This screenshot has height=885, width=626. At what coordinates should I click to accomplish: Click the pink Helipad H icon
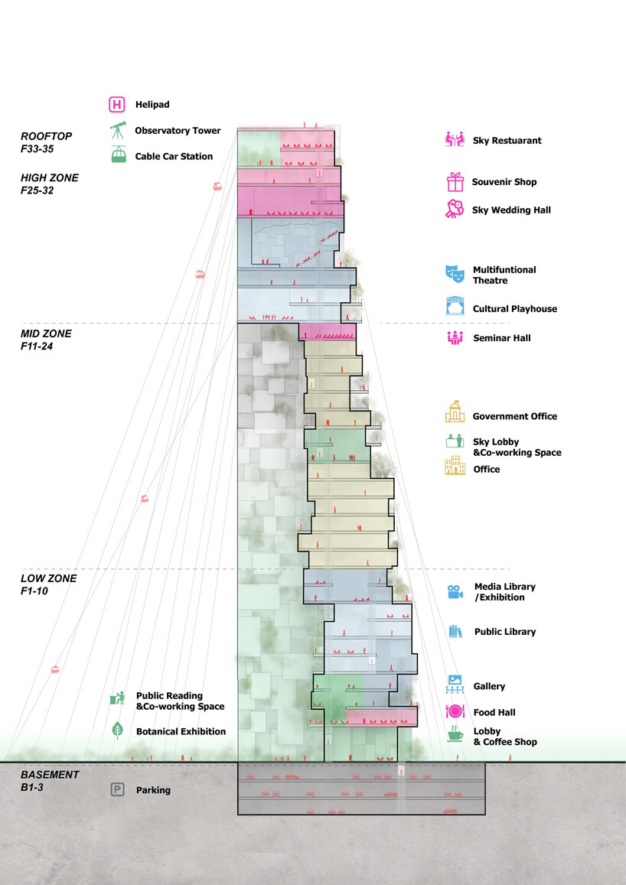point(118,104)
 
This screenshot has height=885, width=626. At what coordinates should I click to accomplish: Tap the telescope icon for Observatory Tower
point(118,130)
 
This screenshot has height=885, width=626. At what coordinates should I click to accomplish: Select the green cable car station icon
point(118,155)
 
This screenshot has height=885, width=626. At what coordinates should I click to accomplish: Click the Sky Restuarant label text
point(507,141)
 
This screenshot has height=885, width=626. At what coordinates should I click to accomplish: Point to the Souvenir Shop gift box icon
point(456,182)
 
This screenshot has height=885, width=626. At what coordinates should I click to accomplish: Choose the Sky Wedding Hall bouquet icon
point(456,209)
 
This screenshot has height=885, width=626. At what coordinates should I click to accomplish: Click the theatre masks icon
point(455,275)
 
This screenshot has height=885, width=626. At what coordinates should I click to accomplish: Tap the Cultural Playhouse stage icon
point(455,307)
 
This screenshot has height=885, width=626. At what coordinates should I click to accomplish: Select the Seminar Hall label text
point(501,338)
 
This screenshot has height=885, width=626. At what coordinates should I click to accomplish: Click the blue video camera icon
point(455,592)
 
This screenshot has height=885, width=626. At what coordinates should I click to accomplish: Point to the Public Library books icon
point(455,632)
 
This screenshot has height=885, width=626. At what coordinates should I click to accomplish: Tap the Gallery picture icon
point(455,683)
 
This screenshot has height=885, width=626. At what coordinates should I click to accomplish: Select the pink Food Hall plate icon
point(455,712)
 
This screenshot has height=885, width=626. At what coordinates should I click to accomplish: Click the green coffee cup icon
point(455,736)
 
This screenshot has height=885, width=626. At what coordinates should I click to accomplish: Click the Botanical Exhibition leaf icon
point(118,730)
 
